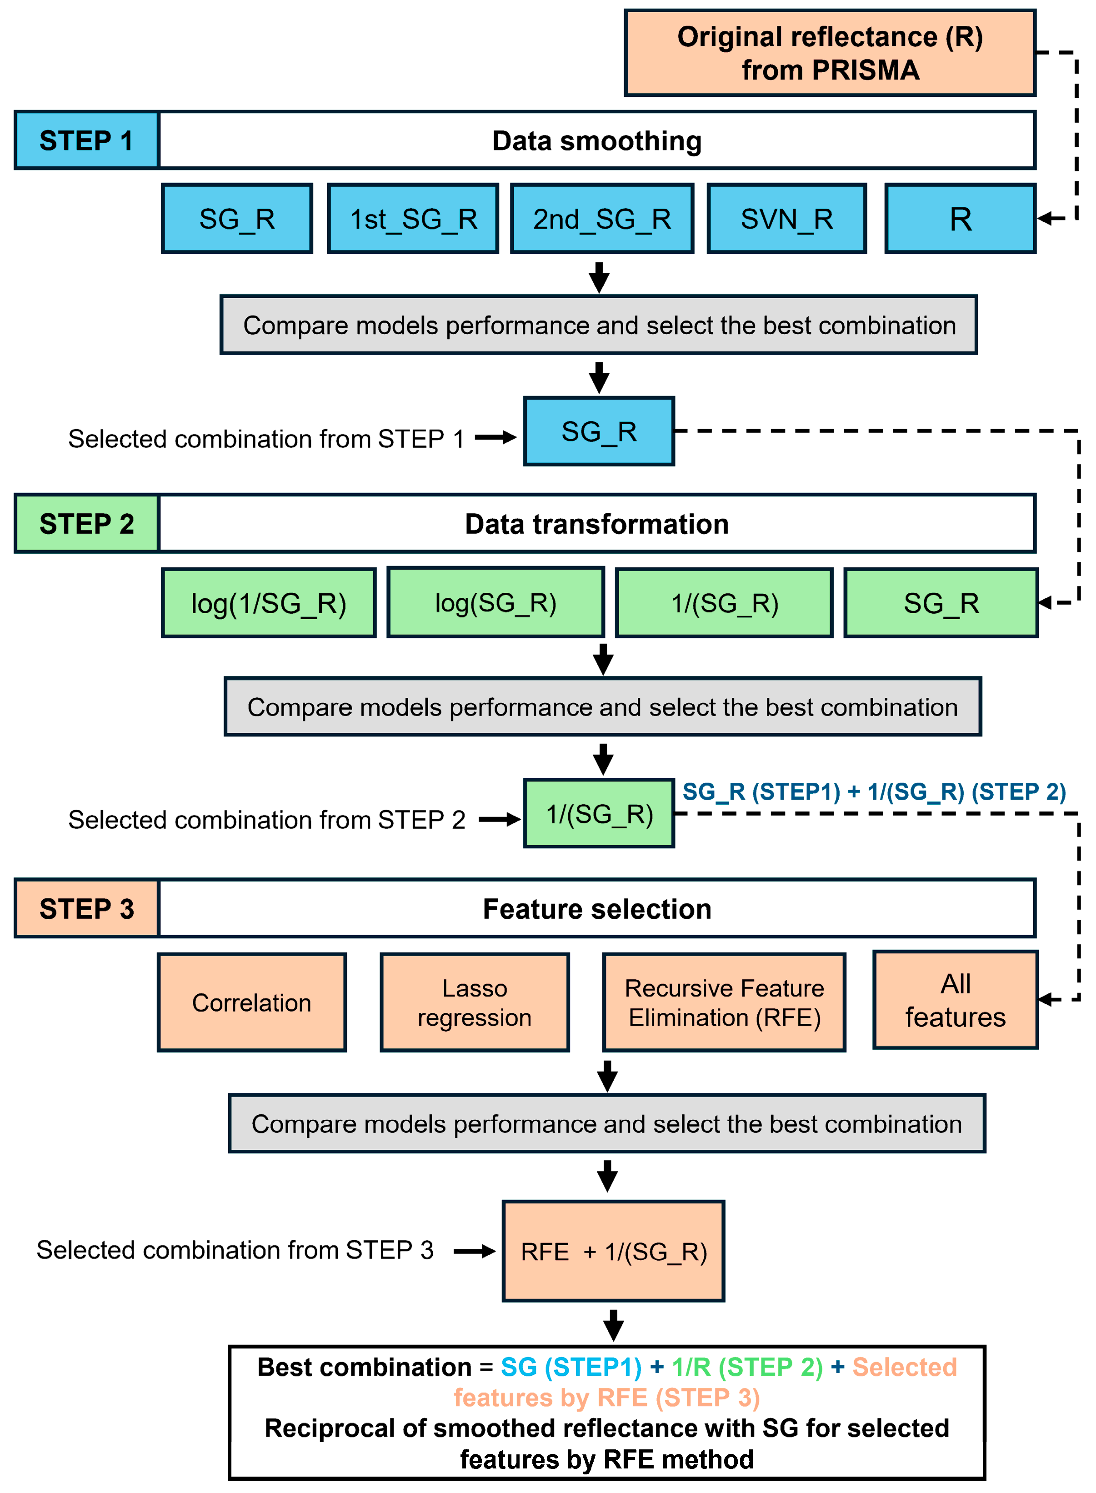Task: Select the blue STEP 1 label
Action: tap(86, 140)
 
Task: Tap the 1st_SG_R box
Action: tap(413, 219)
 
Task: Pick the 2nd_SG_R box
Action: tap(602, 219)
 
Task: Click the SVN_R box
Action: tap(787, 219)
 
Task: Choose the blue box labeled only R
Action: tap(960, 219)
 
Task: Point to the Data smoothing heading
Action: tap(596, 140)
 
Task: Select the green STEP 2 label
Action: tap(86, 524)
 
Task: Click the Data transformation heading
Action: tap(596, 524)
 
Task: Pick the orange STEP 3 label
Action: tap(86, 908)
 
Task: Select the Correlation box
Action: tap(251, 1002)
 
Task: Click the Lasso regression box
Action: tap(475, 1002)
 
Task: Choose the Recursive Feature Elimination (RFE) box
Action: tap(724, 1002)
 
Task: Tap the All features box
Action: tap(956, 1000)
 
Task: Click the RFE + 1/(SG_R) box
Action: tap(613, 1252)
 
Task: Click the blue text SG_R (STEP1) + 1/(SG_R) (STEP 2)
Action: tap(874, 792)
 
